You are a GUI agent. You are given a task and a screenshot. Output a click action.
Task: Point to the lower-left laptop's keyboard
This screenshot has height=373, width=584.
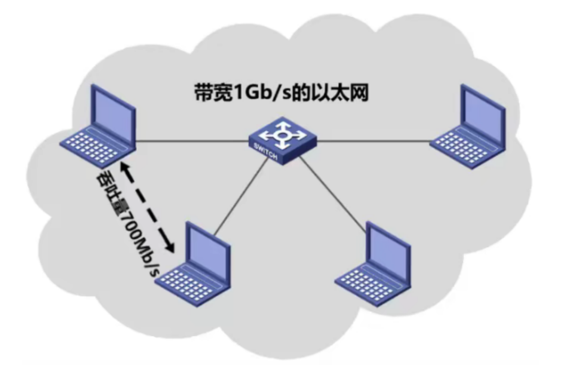(x=189, y=285)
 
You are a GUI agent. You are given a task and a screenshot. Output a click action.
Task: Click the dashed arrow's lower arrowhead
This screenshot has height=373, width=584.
(x=170, y=248)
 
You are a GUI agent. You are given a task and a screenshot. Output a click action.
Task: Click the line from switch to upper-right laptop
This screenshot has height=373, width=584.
(x=374, y=141)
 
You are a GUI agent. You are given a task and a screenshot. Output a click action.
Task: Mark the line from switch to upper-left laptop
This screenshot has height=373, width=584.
(x=192, y=141)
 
